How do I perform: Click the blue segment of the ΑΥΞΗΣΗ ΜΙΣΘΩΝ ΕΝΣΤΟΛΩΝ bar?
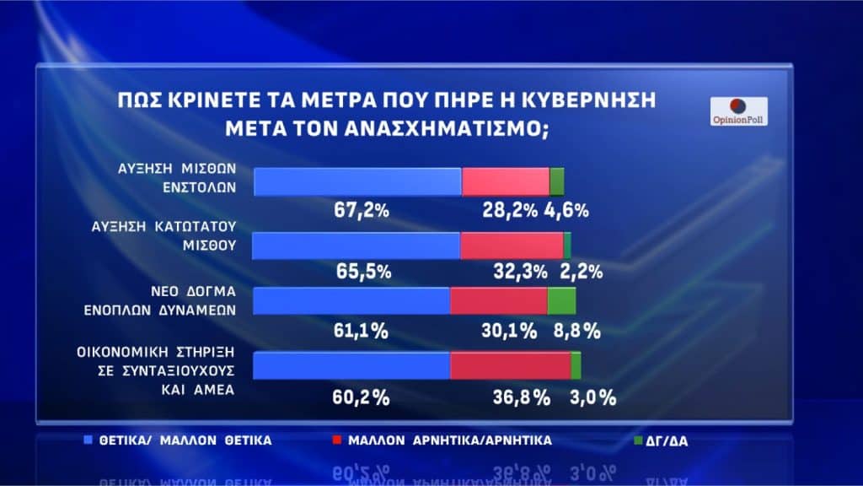point(357,181)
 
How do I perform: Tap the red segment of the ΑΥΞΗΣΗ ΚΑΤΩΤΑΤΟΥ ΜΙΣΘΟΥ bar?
point(512,245)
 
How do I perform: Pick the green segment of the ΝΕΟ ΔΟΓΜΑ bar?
point(561,300)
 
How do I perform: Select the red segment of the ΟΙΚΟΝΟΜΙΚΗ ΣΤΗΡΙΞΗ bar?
point(510,365)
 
